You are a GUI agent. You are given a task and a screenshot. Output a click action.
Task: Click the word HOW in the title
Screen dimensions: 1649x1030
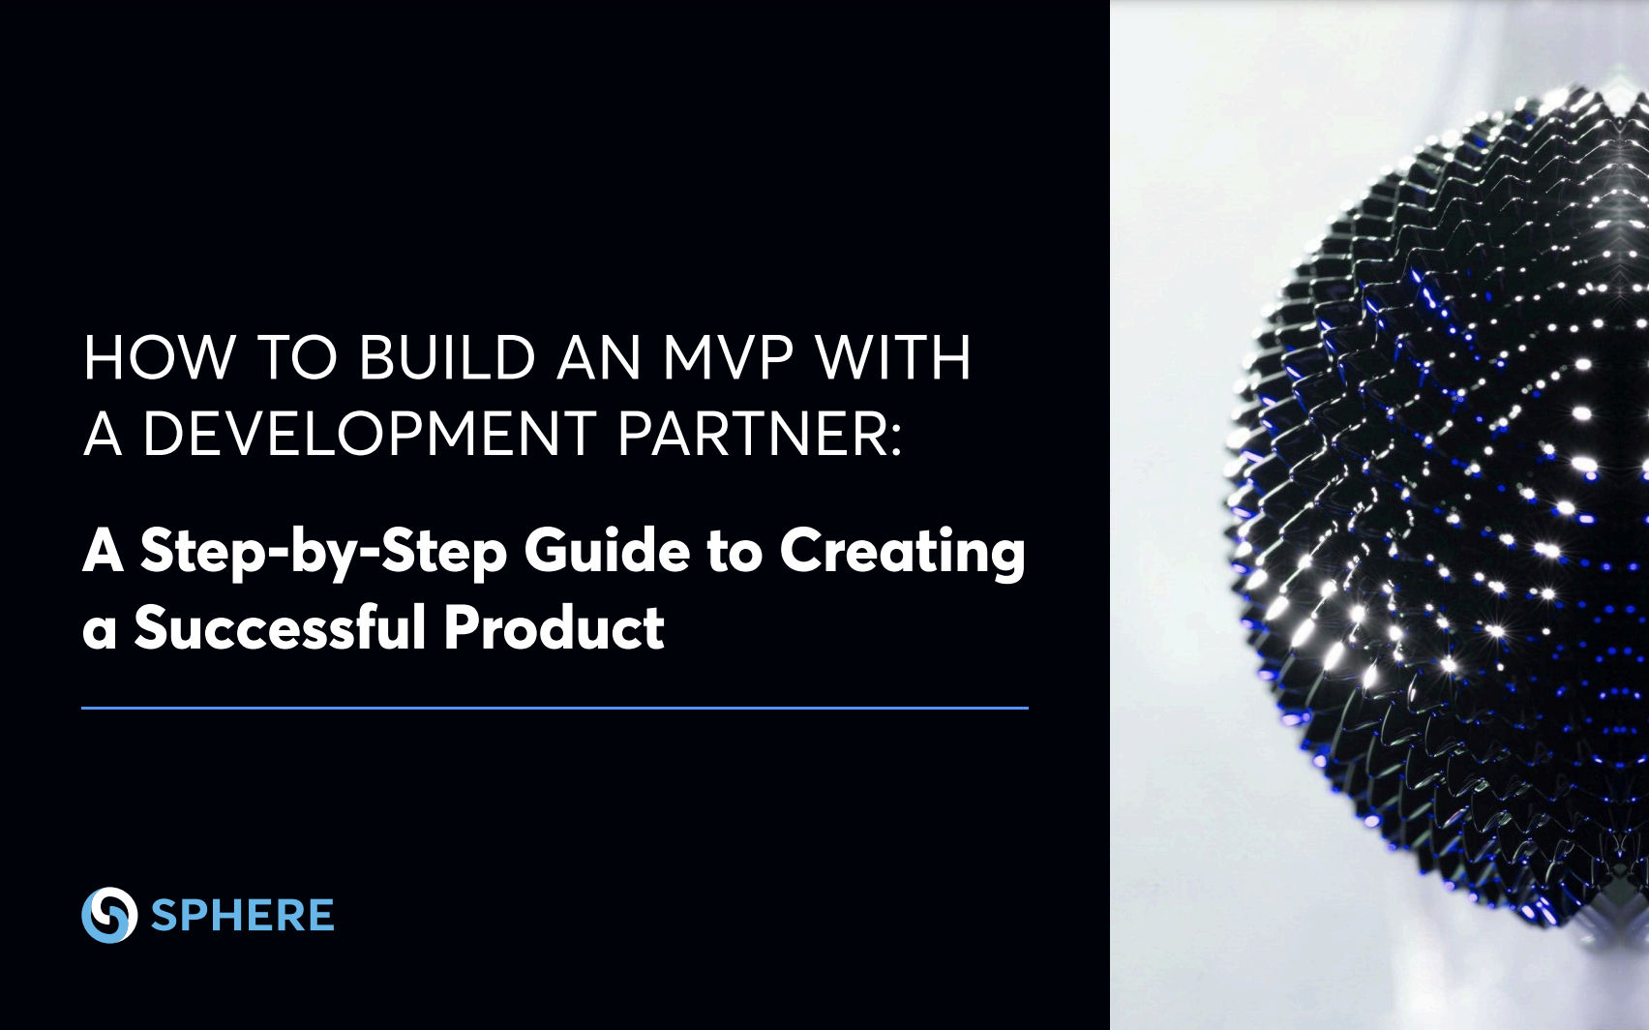coord(159,358)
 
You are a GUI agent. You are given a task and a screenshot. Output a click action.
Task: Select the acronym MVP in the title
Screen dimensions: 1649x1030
coord(728,358)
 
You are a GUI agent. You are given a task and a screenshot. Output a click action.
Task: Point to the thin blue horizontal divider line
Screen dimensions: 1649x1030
coord(555,709)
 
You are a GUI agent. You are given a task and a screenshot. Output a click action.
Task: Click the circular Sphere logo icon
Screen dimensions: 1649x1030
coord(109,915)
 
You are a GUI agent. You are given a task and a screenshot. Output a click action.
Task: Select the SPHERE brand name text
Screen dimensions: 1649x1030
coord(242,915)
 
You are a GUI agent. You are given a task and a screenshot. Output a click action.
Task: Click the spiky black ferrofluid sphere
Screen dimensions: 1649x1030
coord(1439,508)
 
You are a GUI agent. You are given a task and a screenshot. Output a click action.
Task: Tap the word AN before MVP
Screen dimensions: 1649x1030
coord(598,358)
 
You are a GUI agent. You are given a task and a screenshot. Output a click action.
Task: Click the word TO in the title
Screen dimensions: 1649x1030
coord(297,358)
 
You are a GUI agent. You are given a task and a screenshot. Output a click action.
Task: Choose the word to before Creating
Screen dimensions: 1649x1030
coord(735,554)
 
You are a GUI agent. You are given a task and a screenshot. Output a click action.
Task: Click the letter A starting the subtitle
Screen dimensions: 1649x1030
coord(103,550)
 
